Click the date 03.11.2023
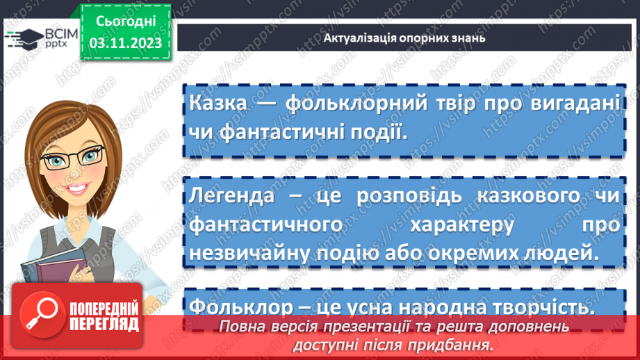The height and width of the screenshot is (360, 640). point(125,43)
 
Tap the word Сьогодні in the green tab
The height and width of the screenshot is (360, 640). point(125,22)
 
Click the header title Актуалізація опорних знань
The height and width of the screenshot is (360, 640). point(404,38)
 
